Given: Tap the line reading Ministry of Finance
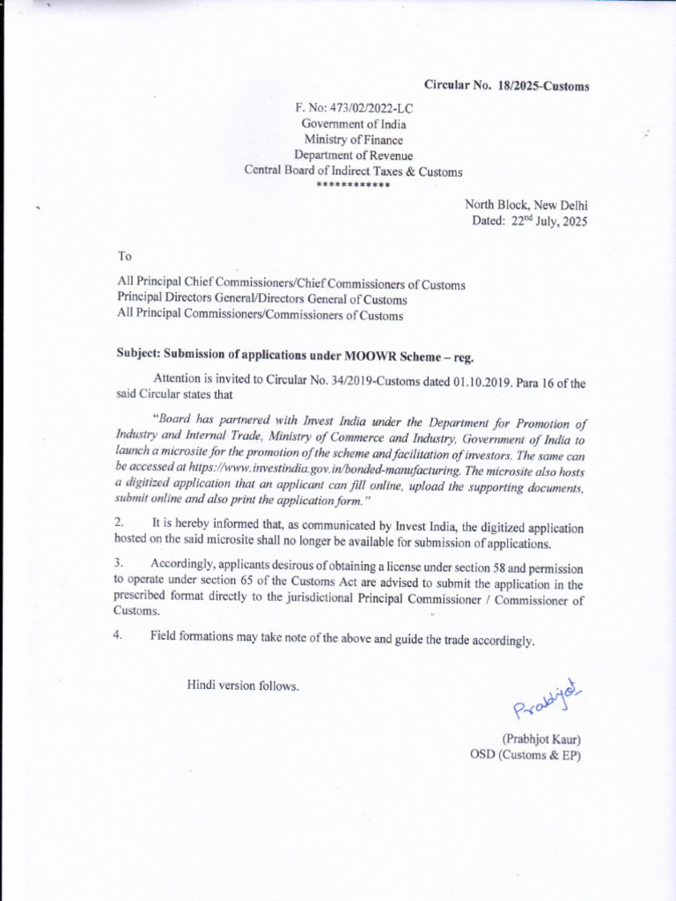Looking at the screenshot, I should (353, 140).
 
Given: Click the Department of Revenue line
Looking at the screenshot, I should (353, 156).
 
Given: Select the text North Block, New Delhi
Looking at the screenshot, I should (525, 205).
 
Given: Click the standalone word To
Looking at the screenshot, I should (124, 256).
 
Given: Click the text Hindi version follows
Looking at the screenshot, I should (242, 685).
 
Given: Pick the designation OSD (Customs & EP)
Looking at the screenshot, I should (525, 755).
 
